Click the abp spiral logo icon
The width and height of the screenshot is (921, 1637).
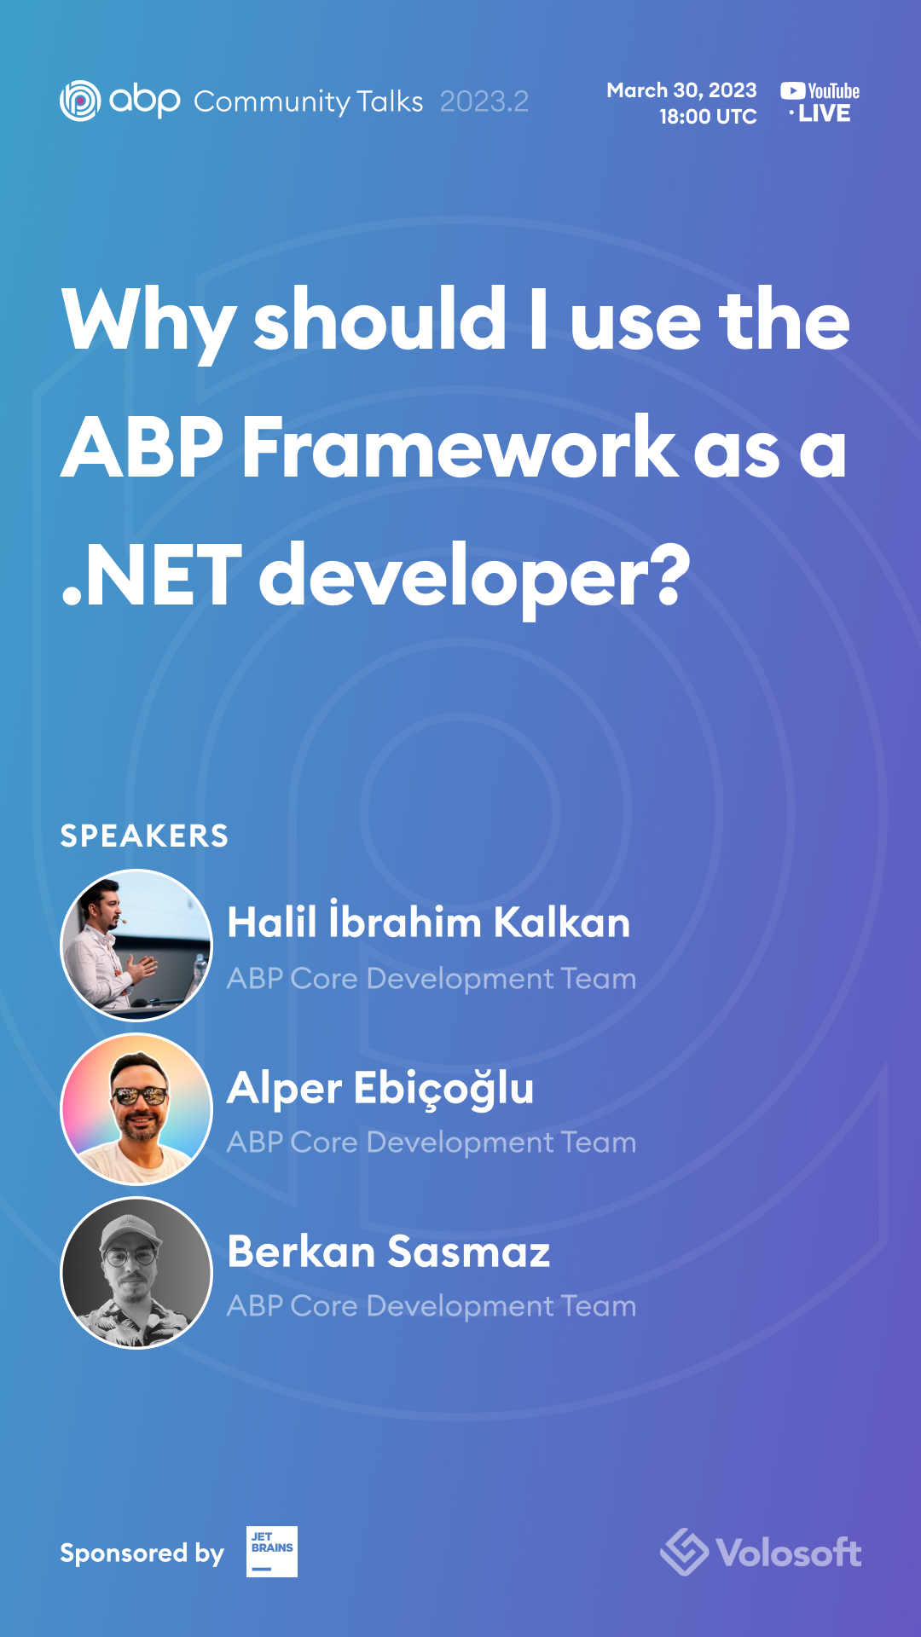coord(80,101)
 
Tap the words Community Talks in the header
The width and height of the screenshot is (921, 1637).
coord(308,101)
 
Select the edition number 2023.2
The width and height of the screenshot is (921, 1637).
coord(484,101)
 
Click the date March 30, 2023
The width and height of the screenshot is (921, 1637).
coord(681,90)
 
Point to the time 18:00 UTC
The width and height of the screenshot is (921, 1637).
coord(708,117)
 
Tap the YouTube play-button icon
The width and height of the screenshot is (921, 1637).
coord(792,90)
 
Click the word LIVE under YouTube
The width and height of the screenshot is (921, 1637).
coord(824,113)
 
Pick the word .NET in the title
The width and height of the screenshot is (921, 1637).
coord(153,576)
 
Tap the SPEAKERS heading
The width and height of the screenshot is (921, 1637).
coord(144,836)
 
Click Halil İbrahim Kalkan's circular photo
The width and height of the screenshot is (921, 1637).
coord(136,945)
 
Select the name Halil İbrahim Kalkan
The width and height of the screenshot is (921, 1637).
coord(428,923)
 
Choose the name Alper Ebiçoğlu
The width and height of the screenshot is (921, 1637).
coord(380,1088)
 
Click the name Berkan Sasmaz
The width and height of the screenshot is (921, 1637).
coord(388,1252)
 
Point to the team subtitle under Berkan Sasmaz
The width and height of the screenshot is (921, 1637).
coord(431,1306)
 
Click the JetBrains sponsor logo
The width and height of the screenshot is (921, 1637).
coord(271,1552)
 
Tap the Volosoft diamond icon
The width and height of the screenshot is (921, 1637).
coord(684,1552)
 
